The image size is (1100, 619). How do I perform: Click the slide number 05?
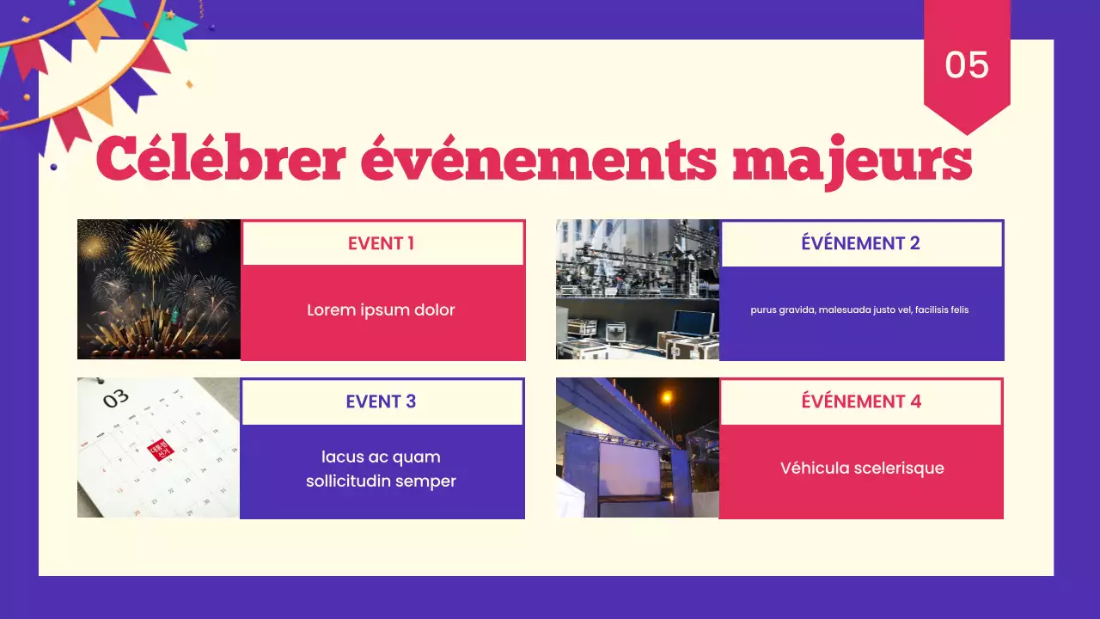coord(967,65)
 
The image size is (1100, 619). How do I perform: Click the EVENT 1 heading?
coord(381,243)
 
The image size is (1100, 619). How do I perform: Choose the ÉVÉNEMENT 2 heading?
coord(860,243)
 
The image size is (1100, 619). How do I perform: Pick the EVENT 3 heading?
coord(381,401)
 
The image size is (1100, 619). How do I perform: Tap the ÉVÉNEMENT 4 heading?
coord(861,401)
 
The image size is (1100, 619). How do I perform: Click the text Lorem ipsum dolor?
coord(381,310)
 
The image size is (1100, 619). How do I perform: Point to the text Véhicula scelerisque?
coord(862,469)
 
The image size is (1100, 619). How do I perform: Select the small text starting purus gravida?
coord(859,309)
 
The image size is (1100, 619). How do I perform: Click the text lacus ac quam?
coord(381,457)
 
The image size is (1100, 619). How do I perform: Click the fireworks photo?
coord(159,289)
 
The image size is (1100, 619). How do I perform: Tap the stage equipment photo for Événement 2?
coord(637,289)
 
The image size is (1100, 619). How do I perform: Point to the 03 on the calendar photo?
coord(116,398)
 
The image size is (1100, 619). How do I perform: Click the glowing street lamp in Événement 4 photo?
coord(667,397)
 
